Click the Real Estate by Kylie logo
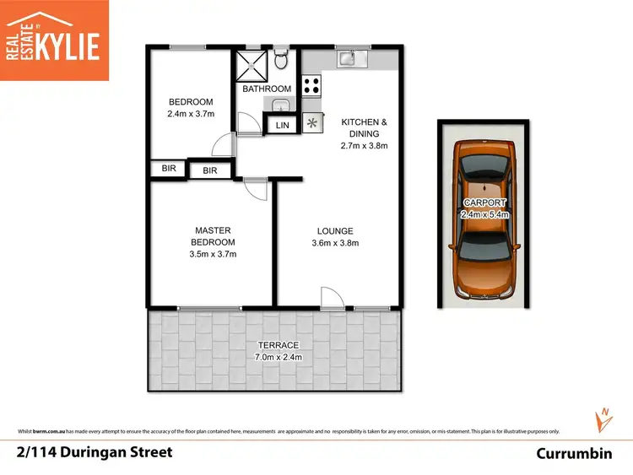point(54,40)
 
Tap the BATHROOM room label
point(267,89)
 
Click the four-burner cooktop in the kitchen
point(311,85)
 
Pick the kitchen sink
point(348,58)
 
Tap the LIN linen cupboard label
point(282,126)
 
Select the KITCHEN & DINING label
point(364,127)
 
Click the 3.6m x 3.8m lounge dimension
point(335,244)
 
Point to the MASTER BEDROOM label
point(213,235)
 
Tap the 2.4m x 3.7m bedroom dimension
point(191,115)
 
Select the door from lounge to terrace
point(330,297)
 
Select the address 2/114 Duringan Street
point(94,452)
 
